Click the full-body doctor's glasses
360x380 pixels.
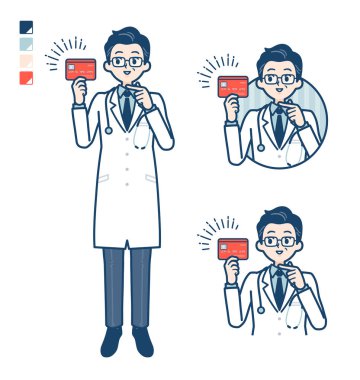(x=125, y=59)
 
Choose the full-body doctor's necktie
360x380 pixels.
(x=127, y=107)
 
